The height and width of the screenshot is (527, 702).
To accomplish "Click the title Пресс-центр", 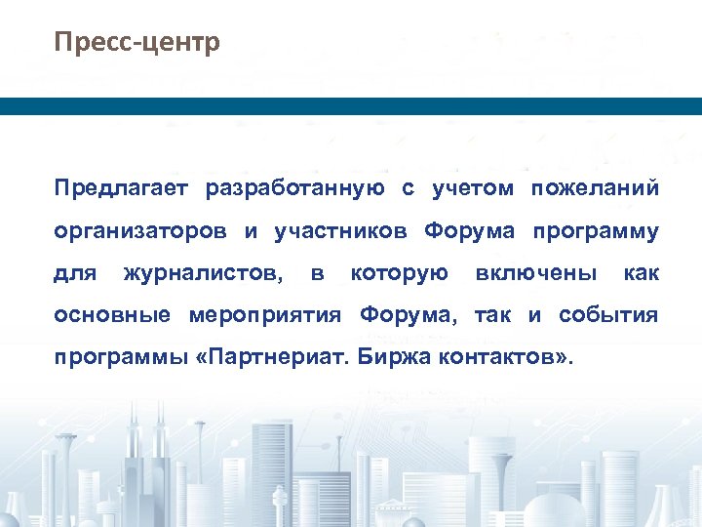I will click(137, 44).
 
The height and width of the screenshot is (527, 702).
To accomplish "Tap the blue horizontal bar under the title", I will click(351, 106).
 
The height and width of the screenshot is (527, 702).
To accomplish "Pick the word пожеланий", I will click(595, 188).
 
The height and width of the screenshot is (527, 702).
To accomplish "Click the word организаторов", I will click(141, 232).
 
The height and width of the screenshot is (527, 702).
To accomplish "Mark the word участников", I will click(340, 232).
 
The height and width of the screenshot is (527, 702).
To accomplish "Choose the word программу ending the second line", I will click(596, 232).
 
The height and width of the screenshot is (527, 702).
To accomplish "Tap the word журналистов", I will click(204, 274).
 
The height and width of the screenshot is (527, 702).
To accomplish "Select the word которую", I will click(399, 274).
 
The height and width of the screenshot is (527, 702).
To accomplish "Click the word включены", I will click(535, 274).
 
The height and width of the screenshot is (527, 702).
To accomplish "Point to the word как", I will click(641, 274).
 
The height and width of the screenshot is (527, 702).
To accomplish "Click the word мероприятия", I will click(265, 316).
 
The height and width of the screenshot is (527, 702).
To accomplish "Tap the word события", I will click(608, 316).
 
